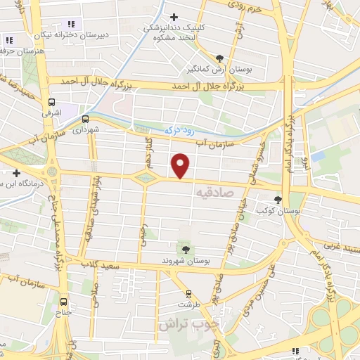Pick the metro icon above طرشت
pyautogui.click(x=188, y=293)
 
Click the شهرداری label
pyautogui.click(x=88, y=130)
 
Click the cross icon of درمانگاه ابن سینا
pyautogui.click(x=16, y=173)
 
